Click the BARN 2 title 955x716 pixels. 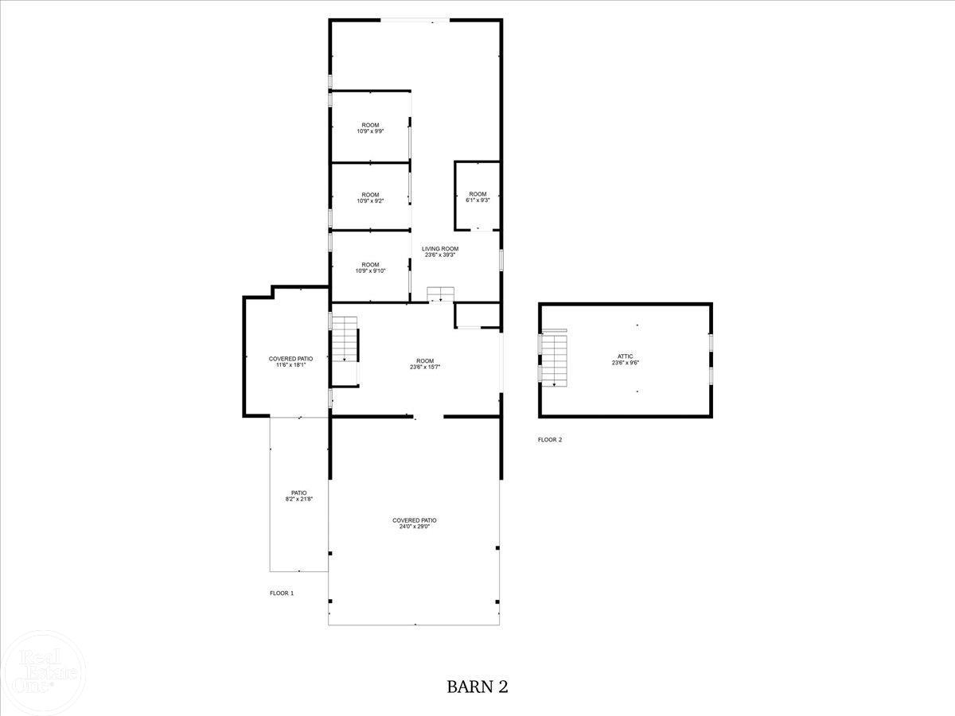coord(477,686)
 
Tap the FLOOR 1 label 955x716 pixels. coord(282,593)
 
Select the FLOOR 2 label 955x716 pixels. coord(550,440)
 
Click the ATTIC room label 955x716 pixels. coord(625,356)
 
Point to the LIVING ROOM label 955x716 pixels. coord(440,249)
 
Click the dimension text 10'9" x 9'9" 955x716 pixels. coord(370,131)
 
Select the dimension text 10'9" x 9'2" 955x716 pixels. coord(370,201)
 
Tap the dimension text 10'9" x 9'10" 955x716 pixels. coord(370,270)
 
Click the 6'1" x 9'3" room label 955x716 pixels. coord(477,200)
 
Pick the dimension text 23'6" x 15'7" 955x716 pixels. coord(424,367)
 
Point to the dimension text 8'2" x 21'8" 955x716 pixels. coord(298,499)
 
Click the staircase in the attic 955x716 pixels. coord(554,359)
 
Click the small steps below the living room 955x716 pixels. coord(440,294)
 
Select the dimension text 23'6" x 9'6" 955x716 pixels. coord(625,363)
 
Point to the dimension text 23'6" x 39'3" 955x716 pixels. coord(440,255)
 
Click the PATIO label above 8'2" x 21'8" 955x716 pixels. coord(298,492)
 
